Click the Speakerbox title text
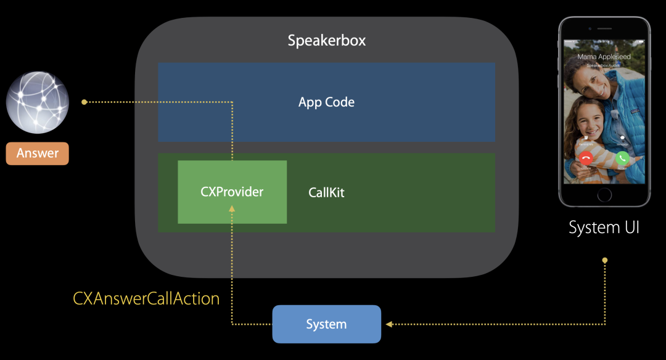[327, 41]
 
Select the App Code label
[326, 102]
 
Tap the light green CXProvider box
[232, 192]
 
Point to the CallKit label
[326, 193]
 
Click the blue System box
[326, 324]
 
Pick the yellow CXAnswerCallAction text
[146, 299]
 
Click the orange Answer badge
[38, 153]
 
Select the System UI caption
[604, 227]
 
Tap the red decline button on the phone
[586, 158]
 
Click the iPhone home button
[604, 195]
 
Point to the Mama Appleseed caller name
[604, 57]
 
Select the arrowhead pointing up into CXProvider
[232, 210]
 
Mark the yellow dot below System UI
[604, 260]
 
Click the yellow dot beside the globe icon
[84, 102]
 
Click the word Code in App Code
[340, 102]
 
